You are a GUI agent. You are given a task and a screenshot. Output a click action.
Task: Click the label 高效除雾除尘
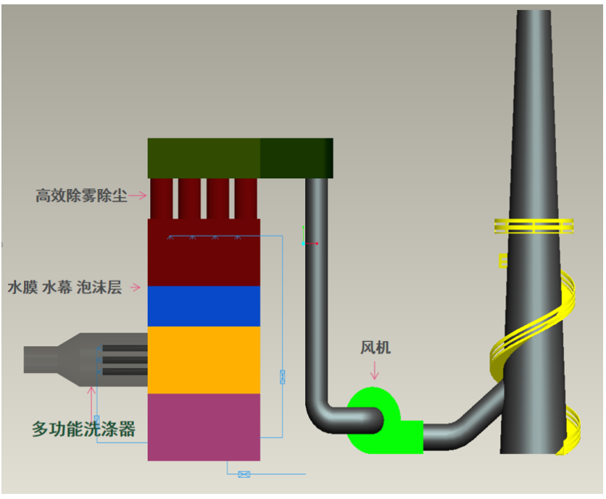(81, 196)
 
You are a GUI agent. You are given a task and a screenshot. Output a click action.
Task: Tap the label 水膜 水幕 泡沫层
(65, 288)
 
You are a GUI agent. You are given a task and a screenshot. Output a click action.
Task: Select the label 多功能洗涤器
(83, 429)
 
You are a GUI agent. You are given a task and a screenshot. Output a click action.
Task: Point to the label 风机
(375, 348)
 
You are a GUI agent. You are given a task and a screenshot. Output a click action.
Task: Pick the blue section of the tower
(204, 306)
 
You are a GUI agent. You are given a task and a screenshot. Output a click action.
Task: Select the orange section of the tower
(204, 360)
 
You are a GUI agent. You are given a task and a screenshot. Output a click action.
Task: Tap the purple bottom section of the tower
(204, 427)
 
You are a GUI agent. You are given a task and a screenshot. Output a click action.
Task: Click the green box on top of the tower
(240, 159)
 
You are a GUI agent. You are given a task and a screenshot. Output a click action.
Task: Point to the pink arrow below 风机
(374, 371)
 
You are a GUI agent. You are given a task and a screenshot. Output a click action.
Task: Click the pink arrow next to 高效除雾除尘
(138, 196)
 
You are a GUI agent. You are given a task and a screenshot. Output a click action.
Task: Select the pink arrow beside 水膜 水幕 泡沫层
(136, 288)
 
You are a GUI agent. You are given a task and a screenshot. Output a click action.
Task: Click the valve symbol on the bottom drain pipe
(244, 474)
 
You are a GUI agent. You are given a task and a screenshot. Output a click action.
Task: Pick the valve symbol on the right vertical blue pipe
(283, 377)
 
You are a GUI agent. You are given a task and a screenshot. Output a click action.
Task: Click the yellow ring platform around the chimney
(534, 227)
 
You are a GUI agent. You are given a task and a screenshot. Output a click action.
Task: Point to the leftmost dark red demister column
(162, 198)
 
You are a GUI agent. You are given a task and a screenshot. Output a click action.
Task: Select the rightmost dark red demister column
(246, 198)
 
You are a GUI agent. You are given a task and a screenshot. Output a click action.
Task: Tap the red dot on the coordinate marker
(317, 244)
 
